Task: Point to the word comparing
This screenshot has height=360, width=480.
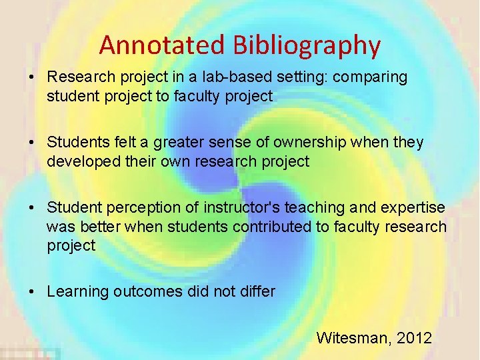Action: point(370,77)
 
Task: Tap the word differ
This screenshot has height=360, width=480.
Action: point(258,291)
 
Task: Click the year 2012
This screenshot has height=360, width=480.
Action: point(414,338)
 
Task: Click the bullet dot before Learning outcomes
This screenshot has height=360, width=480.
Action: point(32,291)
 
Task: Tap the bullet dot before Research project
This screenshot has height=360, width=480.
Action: point(32,77)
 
